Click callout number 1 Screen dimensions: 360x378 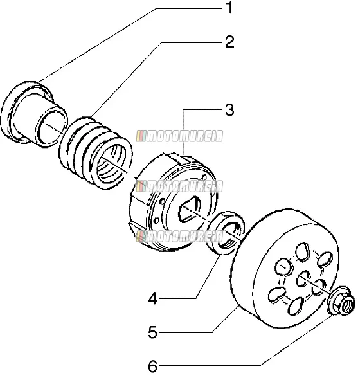[230, 8]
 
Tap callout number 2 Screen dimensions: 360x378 [230, 42]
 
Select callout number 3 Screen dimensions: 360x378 [230, 110]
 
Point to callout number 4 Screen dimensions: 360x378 [153, 299]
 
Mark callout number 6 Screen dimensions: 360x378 [152, 366]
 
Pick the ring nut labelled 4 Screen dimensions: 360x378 [226, 233]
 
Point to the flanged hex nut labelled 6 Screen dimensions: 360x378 [341, 301]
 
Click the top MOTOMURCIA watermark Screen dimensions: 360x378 [179, 136]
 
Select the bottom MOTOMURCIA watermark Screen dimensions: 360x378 [179, 237]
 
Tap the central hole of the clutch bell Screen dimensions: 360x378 [303, 279]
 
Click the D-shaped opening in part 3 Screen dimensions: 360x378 [190, 210]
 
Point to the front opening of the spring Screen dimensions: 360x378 [111, 164]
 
